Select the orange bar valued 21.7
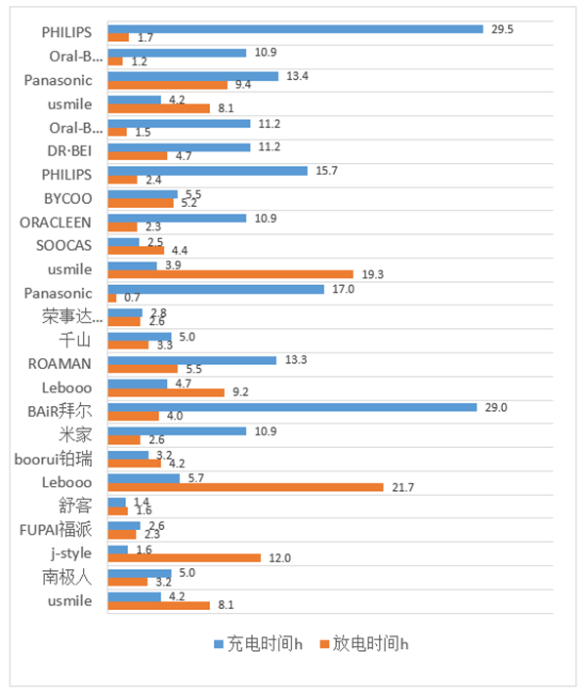click(245, 487)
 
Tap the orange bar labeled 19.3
click(230, 274)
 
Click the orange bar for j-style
click(184, 558)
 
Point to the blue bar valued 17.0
click(215, 289)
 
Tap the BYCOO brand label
click(69, 199)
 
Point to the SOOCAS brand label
click(65, 246)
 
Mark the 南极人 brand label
click(66, 578)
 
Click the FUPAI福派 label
click(57, 530)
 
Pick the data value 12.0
click(278, 558)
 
